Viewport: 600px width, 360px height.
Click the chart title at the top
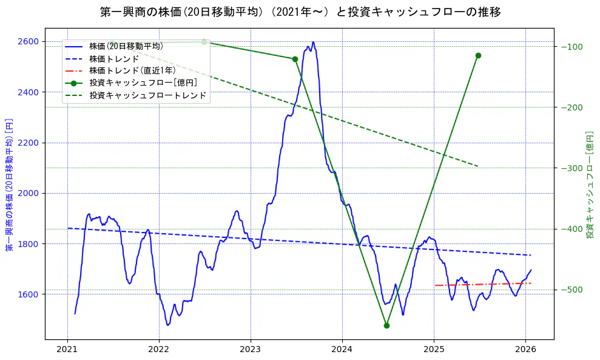(x=300, y=12)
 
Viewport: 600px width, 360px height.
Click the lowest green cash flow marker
(x=386, y=325)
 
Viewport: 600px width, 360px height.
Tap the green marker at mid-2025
(x=478, y=55)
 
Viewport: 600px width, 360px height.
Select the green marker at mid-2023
(x=295, y=59)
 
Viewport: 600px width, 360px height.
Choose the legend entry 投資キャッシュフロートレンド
(x=147, y=95)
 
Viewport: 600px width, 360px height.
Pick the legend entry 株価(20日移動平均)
(x=126, y=46)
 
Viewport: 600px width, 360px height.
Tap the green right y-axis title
(x=589, y=184)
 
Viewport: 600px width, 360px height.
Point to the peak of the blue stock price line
(x=313, y=42)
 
